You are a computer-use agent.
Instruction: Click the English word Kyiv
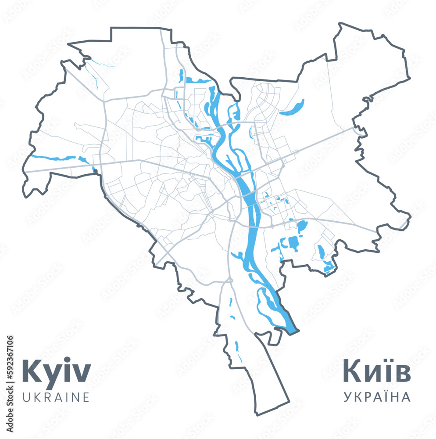[56, 371]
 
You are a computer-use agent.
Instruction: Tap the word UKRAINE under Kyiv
[56, 397]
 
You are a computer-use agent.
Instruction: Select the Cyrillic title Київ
[376, 371]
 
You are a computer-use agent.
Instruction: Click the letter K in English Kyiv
[31, 371]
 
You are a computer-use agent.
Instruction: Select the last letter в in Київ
[403, 373]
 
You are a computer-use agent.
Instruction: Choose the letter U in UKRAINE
[26, 397]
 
